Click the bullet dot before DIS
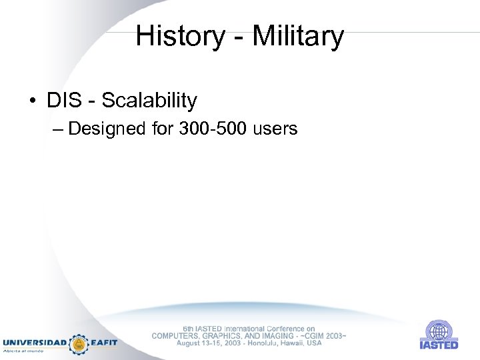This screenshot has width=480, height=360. [x=32, y=101]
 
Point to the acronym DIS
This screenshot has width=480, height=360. [x=63, y=101]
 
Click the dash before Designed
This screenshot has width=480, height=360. [x=58, y=128]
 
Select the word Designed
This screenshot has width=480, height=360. [x=107, y=128]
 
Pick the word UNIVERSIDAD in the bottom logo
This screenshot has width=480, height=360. [x=35, y=343]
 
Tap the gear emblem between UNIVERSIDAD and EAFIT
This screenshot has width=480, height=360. [x=79, y=343]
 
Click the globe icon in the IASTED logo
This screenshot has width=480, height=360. [x=439, y=331]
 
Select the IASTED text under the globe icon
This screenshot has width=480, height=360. [x=439, y=345]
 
